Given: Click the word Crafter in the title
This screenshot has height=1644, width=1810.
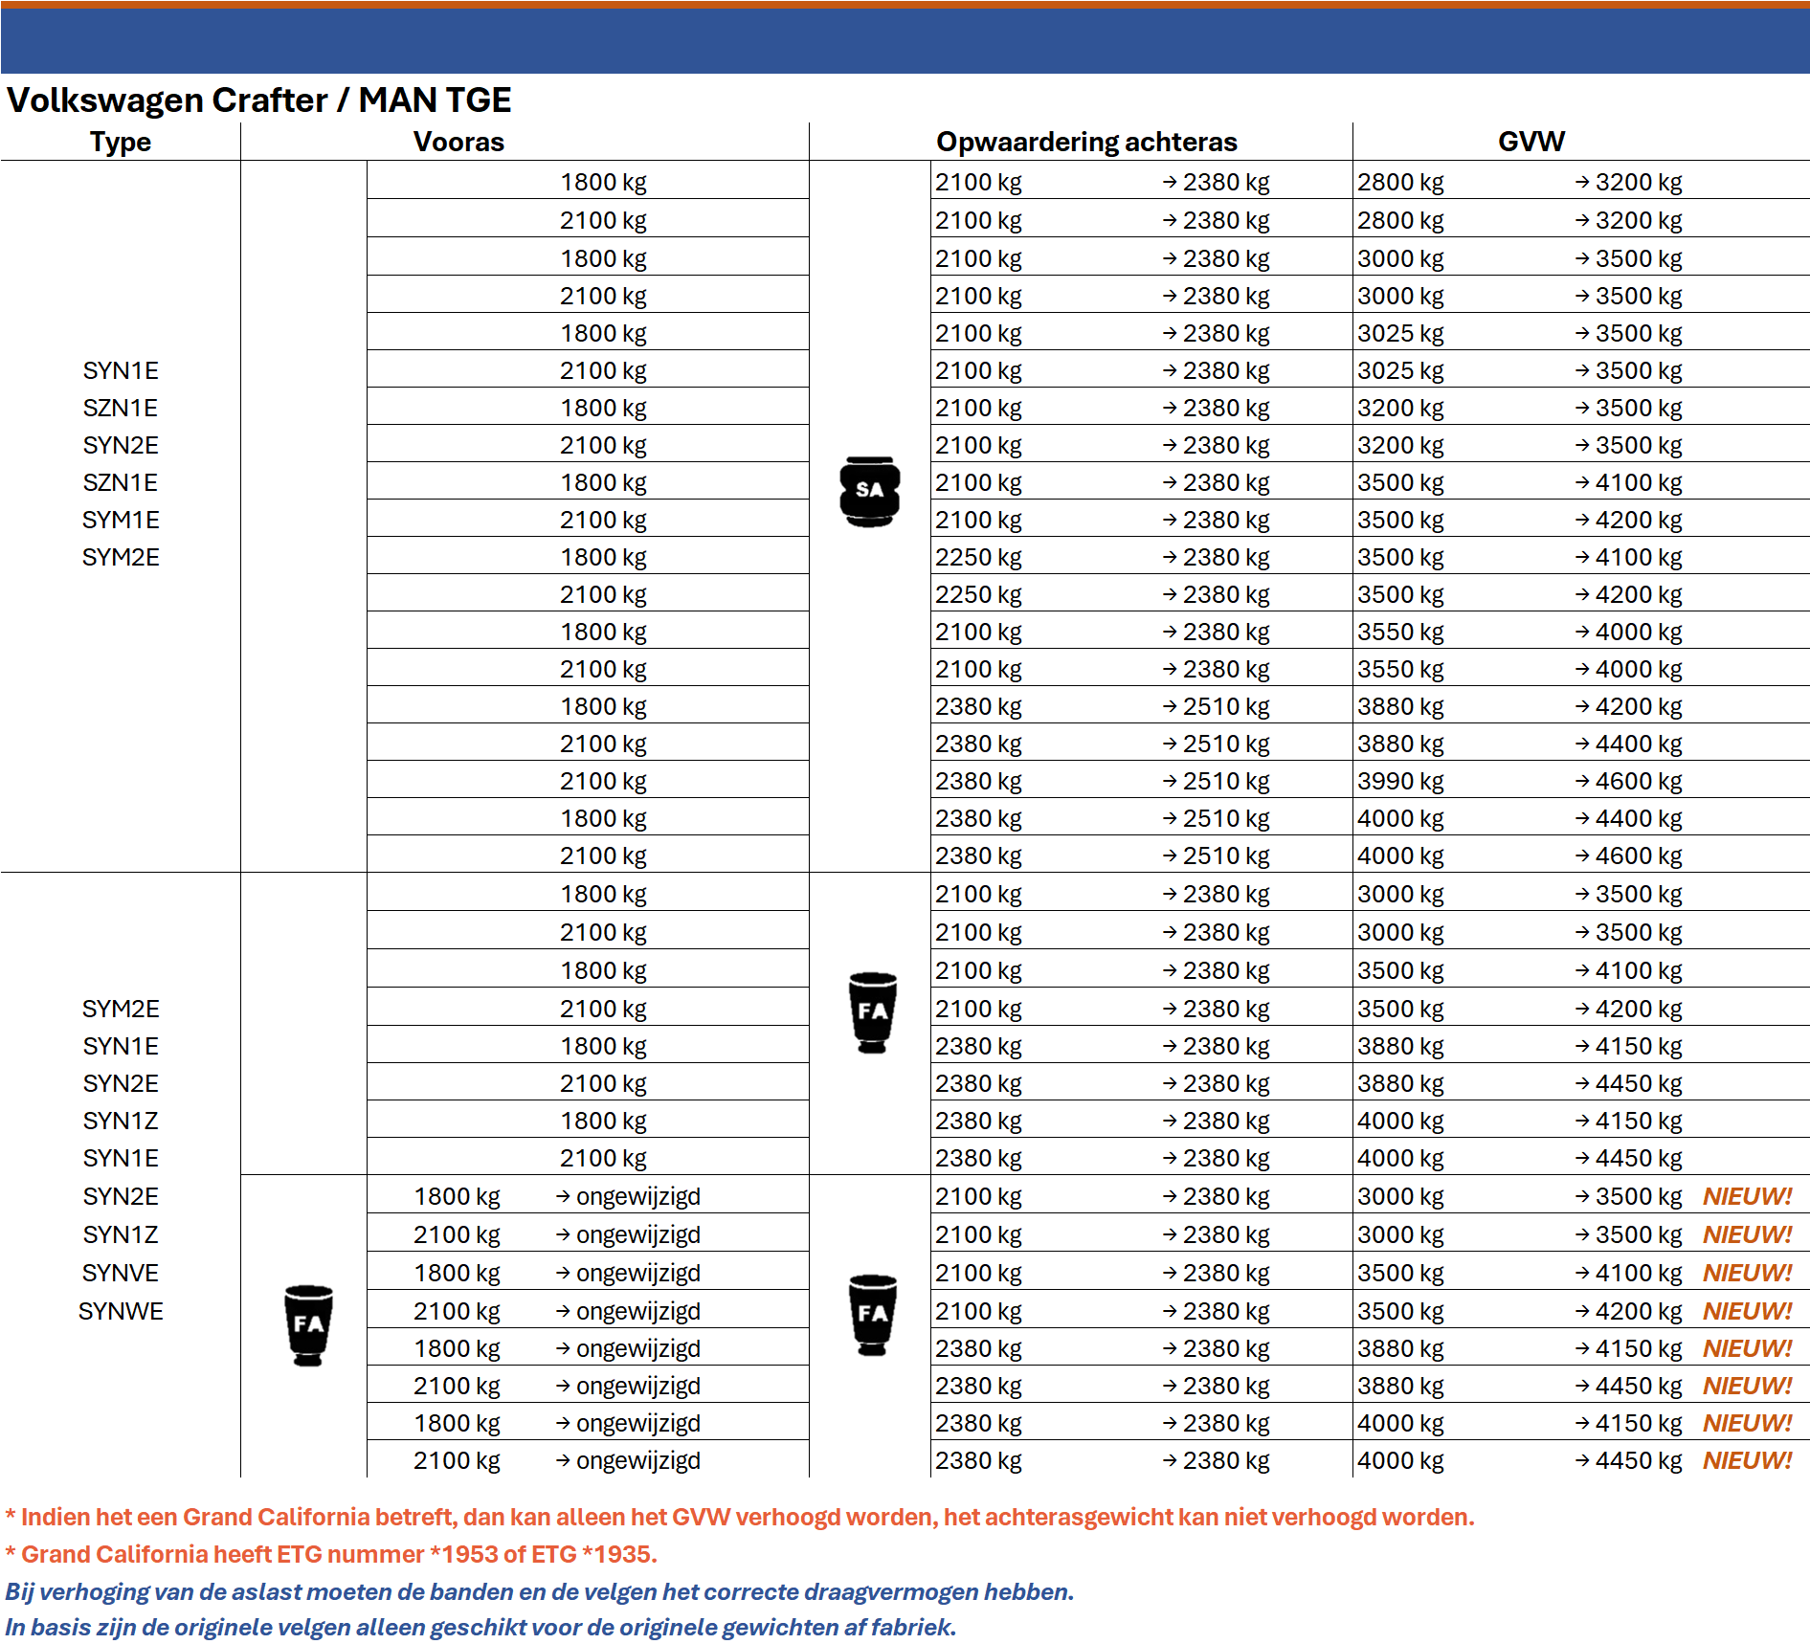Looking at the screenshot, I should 269,100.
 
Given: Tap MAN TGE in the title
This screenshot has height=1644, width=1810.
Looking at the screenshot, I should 435,100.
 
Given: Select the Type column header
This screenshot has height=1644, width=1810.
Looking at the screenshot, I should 121,143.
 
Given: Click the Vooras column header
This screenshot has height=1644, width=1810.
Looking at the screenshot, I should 458,143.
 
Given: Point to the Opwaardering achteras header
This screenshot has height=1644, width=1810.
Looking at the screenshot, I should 1086,143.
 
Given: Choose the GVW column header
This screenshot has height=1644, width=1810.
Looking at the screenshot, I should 1531,143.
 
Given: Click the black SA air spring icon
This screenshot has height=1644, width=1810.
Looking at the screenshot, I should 869,491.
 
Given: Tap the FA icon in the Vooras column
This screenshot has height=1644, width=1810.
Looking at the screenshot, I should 308,1324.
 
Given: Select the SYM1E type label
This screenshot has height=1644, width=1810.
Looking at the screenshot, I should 121,521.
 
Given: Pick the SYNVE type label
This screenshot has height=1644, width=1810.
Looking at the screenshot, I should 121,1274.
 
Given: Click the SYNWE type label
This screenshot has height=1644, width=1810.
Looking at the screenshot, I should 121,1312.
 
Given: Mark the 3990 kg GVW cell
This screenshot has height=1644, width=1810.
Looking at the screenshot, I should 1400,782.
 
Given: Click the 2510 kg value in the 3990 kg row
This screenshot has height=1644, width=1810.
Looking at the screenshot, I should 1225,782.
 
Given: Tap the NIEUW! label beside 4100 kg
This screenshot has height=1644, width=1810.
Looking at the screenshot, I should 1747,1274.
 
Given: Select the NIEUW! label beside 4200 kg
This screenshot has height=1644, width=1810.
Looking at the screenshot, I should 1747,1312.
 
